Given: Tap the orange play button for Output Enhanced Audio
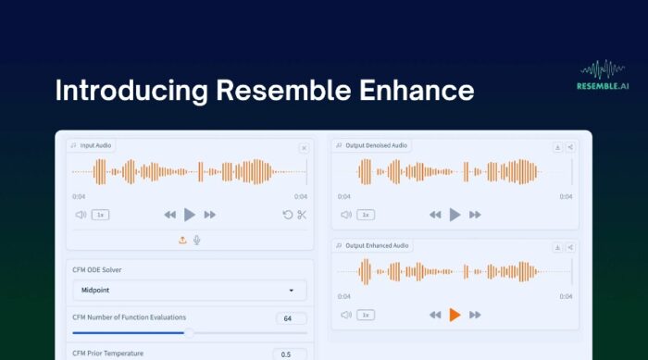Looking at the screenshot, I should point(455,315).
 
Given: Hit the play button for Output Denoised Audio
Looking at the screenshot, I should point(455,215).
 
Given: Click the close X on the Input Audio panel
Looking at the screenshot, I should point(304,148).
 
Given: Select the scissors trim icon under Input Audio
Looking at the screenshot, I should point(302,215).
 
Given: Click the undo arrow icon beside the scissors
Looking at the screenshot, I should point(287,215).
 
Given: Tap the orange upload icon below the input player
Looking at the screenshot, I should point(182,240).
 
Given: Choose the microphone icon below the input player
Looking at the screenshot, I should point(196,240).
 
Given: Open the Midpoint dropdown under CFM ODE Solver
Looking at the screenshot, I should point(189,290).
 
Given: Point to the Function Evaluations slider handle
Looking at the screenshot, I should point(189,332).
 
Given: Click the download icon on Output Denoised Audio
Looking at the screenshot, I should point(558,147).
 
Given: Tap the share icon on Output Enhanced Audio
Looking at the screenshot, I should point(570,247).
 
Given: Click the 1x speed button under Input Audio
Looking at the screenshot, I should point(102,215).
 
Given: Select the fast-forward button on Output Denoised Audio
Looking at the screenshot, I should point(476,215).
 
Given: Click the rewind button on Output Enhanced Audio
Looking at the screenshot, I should point(434,315).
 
